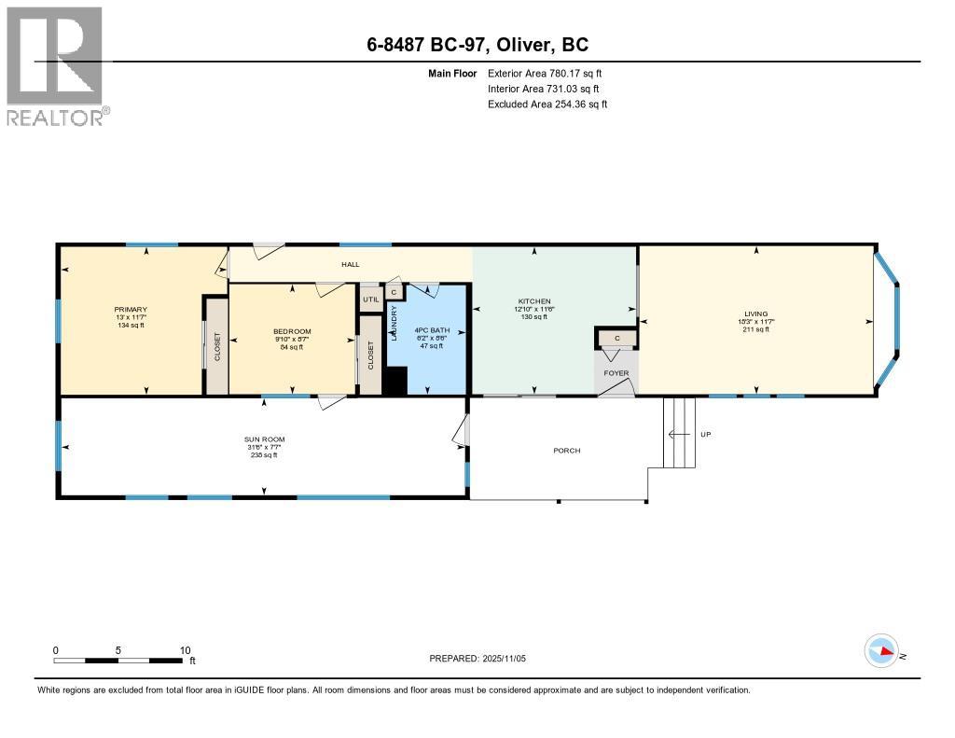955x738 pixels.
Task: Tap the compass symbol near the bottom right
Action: click(x=881, y=651)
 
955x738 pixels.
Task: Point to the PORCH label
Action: click(x=566, y=451)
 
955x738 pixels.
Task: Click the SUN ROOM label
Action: click(x=265, y=439)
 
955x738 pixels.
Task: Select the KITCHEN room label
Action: click(x=534, y=300)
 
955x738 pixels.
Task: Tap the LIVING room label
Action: click(x=755, y=313)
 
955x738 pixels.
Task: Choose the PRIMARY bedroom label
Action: click(x=131, y=310)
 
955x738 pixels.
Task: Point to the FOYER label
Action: click(x=616, y=373)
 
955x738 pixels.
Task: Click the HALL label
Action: click(x=350, y=265)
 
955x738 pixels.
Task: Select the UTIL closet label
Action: click(x=370, y=299)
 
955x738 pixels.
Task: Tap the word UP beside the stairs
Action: click(x=707, y=435)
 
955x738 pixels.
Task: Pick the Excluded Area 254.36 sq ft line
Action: click(x=547, y=104)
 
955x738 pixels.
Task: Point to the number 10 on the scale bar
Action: click(x=185, y=650)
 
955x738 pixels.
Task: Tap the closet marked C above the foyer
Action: click(x=616, y=338)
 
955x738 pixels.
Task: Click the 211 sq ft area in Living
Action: click(x=755, y=328)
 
